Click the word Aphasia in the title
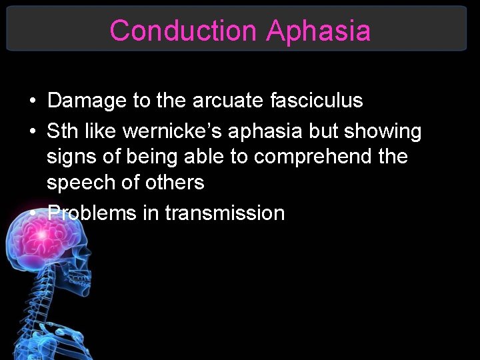coord(318,31)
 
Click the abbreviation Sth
coord(61,131)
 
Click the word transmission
coord(225,213)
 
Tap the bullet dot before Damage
coord(32,101)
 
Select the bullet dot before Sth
coord(32,132)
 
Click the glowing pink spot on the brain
coord(41,235)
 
